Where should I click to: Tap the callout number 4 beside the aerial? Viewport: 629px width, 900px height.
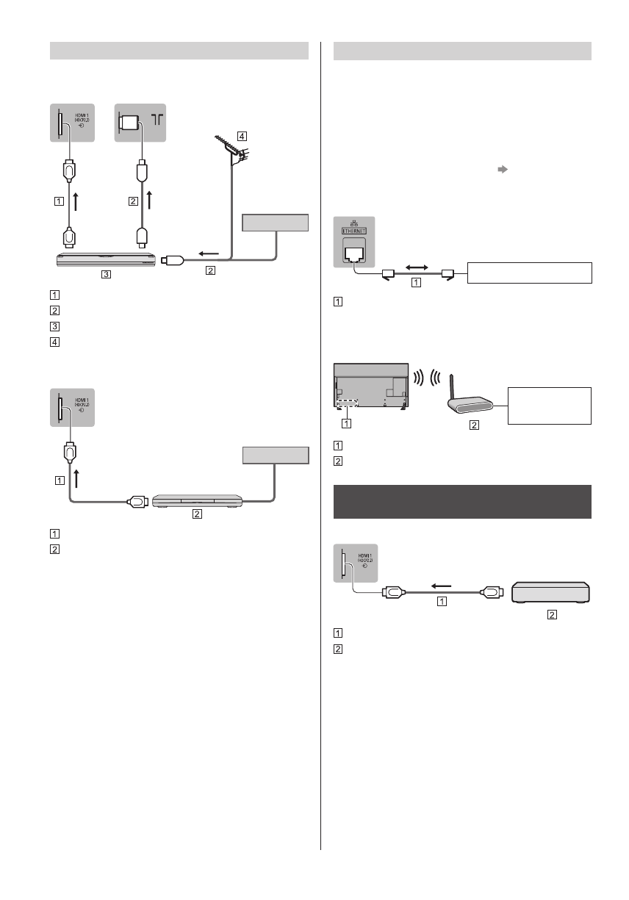coord(242,136)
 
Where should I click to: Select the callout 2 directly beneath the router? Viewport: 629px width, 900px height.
coord(473,425)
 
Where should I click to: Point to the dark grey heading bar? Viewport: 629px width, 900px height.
coord(463,502)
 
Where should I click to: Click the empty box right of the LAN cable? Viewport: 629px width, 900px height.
coord(529,272)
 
